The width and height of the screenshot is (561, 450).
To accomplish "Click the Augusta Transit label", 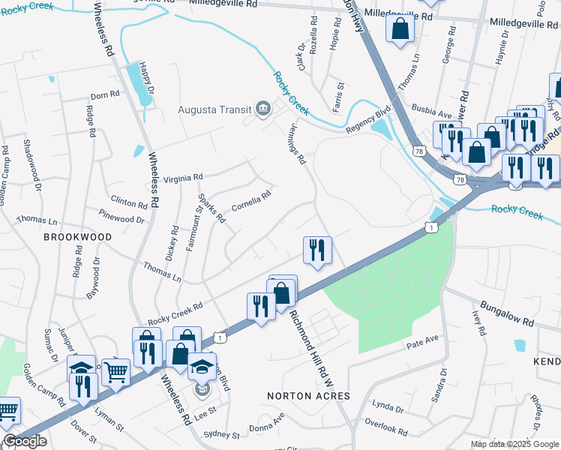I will pyautogui.click(x=214, y=109).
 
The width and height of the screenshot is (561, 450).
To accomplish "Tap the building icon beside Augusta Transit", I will pyautogui.click(x=262, y=109).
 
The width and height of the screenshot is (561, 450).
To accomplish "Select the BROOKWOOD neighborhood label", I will pyautogui.click(x=77, y=237).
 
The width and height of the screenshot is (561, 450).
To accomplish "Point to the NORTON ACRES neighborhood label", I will pyautogui.click(x=299, y=394).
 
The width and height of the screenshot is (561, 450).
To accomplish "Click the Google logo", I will pyautogui.click(x=24, y=441).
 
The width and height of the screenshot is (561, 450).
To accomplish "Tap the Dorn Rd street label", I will pyautogui.click(x=104, y=96).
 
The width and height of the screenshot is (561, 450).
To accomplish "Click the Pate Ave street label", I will pyautogui.click(x=421, y=340).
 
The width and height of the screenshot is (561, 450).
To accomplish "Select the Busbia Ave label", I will pyautogui.click(x=430, y=115).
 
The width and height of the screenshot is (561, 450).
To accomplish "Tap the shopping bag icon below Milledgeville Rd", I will pyautogui.click(x=400, y=28).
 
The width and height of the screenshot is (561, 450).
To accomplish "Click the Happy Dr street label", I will pyautogui.click(x=148, y=79).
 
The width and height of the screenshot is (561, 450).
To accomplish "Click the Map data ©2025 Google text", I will pyautogui.click(x=514, y=444).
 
